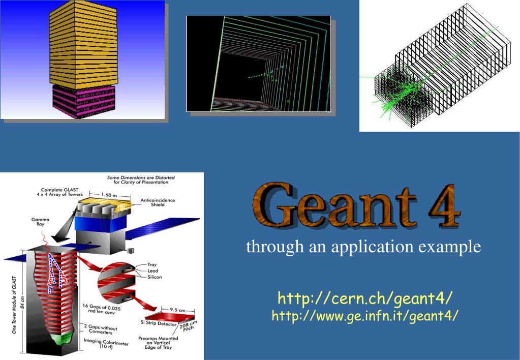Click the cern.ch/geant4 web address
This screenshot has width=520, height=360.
click(365, 298)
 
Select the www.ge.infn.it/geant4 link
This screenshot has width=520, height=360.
click(365, 316)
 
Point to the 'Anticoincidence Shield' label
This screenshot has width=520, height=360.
click(158, 202)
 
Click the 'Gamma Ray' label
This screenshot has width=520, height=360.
click(40, 222)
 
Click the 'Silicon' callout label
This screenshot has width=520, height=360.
click(155, 277)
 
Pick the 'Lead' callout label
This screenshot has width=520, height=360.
click(153, 271)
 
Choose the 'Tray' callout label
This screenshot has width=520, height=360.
click(152, 264)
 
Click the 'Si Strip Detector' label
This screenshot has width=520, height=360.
click(159, 323)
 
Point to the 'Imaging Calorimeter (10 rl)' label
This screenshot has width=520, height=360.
click(106, 343)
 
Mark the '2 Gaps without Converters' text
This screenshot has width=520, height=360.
click(101, 329)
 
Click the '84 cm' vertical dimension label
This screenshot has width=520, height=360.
click(22, 303)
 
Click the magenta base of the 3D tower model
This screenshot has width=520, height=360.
click(83, 101)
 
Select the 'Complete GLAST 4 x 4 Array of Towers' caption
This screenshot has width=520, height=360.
click(59, 192)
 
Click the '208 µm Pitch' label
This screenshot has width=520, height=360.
click(189, 326)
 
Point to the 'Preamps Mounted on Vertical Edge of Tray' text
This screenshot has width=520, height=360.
click(158, 343)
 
